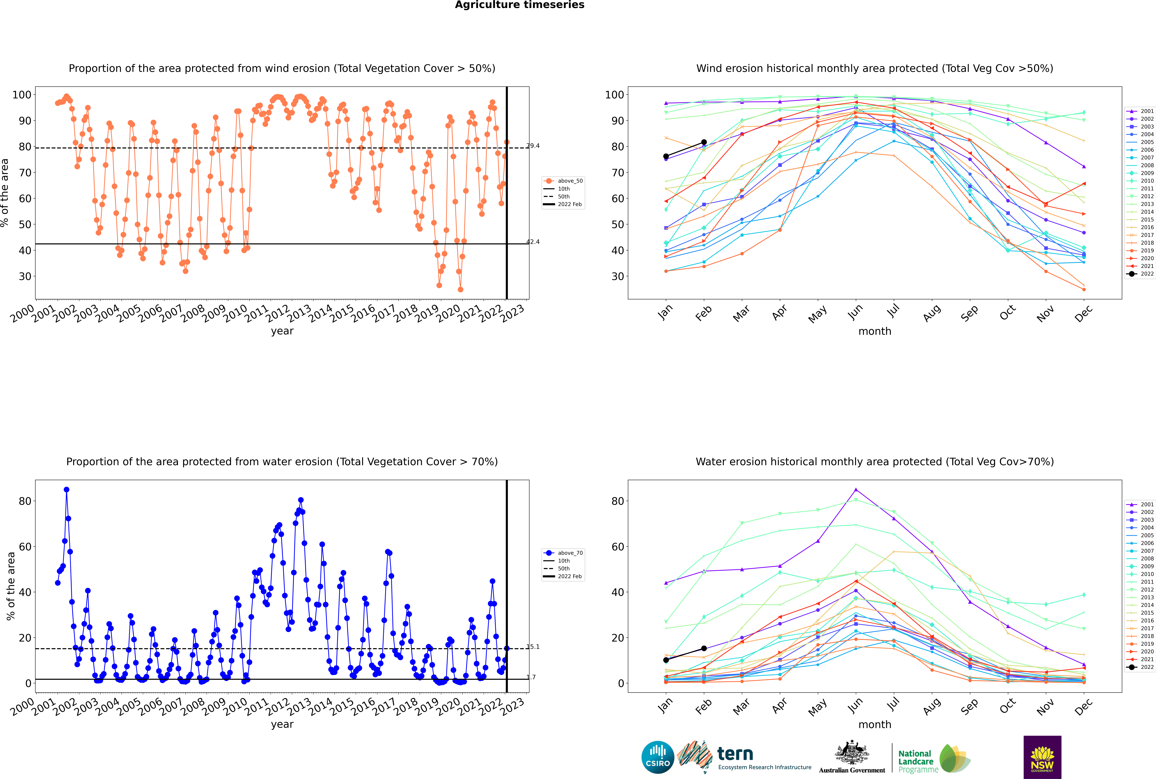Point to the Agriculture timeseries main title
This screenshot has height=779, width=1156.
click(x=519, y=5)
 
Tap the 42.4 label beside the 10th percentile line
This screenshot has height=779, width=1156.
click(x=533, y=242)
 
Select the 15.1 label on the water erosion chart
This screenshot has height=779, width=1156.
click(x=533, y=647)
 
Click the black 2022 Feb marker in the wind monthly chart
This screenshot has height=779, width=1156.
click(x=704, y=143)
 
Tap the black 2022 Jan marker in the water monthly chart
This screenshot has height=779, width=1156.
click(x=666, y=660)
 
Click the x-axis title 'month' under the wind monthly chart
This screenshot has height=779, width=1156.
click(x=875, y=331)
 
